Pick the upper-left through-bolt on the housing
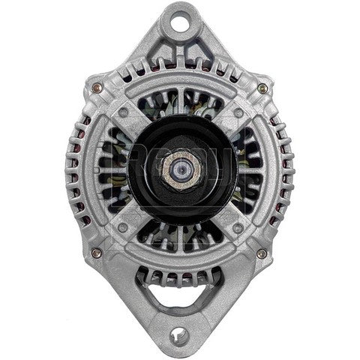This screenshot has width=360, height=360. point(96,88)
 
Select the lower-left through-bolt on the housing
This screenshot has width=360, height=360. point(96,253)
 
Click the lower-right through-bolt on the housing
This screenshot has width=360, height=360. point(260,253)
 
